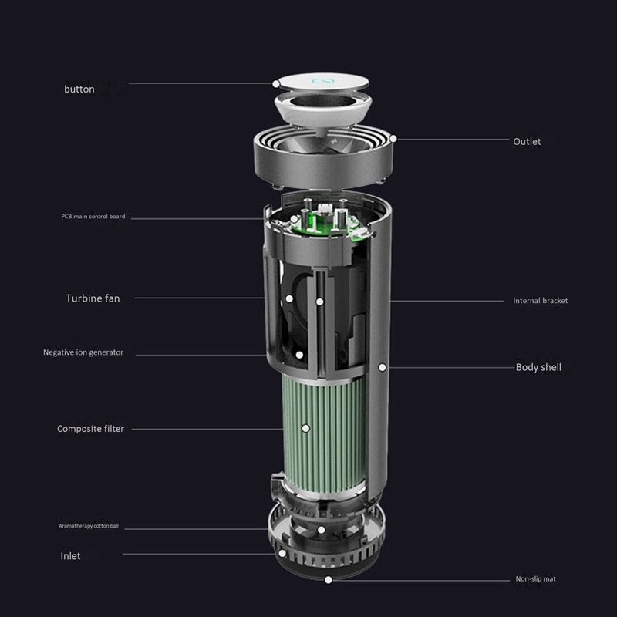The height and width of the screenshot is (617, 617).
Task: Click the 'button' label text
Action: point(79,89)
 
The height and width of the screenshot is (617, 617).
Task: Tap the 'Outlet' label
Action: point(527,142)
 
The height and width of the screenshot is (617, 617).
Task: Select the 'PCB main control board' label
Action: point(93,217)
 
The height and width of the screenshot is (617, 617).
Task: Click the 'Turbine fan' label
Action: point(93,298)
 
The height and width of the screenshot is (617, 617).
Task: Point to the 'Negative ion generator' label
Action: point(83,352)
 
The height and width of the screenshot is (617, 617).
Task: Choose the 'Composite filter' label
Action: point(90,429)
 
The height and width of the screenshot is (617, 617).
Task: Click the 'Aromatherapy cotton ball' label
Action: point(89,526)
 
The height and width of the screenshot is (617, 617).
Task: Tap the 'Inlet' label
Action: point(70,556)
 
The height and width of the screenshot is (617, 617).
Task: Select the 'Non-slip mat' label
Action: point(535,579)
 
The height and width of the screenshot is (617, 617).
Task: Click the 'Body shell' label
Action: point(538,367)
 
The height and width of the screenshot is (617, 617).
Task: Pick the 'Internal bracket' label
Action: point(541,301)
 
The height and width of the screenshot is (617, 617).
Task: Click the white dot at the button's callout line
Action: point(276,84)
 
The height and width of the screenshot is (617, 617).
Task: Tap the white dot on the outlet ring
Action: point(393,139)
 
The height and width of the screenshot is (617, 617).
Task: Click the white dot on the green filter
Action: point(305,428)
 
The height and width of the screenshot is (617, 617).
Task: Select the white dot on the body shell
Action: point(382,367)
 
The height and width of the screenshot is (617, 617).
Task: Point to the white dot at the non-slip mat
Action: point(329,580)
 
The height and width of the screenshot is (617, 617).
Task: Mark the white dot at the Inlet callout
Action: point(282,553)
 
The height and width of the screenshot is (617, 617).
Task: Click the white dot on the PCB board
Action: point(294,219)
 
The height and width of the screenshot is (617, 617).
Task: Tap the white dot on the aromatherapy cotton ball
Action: point(321,530)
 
